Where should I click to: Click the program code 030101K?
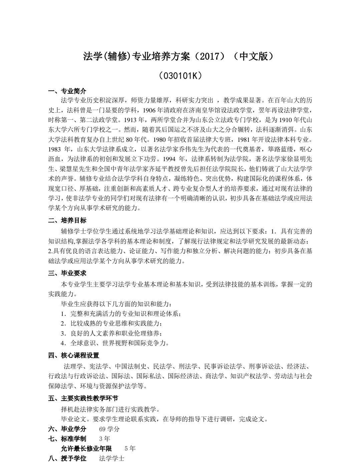[x=180, y=76]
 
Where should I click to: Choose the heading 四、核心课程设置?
[x=74, y=355]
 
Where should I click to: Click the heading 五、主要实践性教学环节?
[x=83, y=398]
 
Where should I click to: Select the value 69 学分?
[x=109, y=429]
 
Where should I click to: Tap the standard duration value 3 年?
[x=104, y=439]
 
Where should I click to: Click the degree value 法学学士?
[x=112, y=458]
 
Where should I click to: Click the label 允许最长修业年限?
[x=86, y=448]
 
